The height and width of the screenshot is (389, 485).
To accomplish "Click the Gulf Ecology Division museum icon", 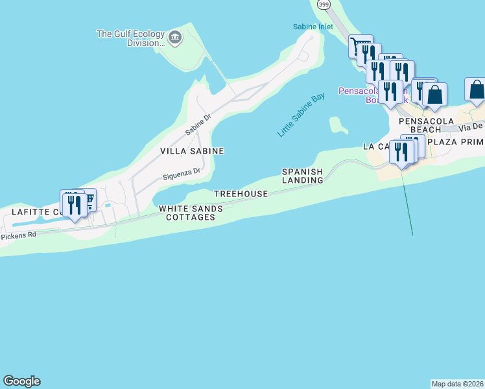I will [174, 38].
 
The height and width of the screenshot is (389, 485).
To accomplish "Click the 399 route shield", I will [323, 4].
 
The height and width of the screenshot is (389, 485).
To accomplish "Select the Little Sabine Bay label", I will [301, 115].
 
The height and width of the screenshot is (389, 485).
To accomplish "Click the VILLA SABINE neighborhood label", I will [192, 151].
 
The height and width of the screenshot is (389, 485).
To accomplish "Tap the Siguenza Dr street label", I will [182, 174].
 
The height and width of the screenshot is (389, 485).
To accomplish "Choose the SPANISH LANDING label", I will [302, 176].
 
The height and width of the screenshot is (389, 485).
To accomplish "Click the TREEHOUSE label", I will [241, 194].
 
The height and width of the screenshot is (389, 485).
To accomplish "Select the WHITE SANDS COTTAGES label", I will [191, 213].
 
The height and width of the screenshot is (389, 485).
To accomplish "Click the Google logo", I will [21, 381].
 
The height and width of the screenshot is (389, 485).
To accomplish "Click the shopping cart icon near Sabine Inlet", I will [360, 46].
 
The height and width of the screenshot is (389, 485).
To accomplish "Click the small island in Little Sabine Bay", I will [337, 124].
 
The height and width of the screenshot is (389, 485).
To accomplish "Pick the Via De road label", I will [471, 126].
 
